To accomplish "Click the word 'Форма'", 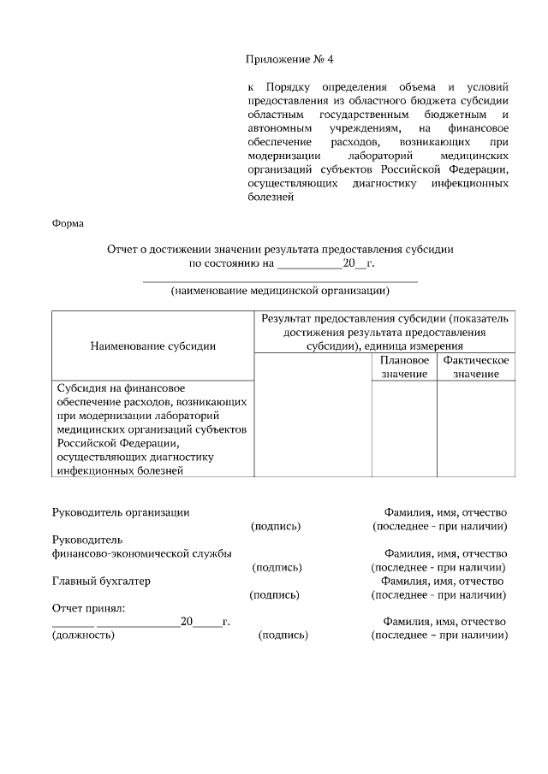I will point(68,224).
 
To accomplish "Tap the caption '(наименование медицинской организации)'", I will point(280,290).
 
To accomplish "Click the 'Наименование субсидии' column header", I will point(152,346).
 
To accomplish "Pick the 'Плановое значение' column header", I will point(404,367).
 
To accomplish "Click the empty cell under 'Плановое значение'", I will point(404,428).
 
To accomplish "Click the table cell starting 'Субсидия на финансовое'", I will point(152,428).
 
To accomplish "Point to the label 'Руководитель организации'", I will point(121,512).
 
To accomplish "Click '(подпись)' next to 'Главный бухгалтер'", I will point(274,594).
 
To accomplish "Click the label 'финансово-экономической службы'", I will point(142,553).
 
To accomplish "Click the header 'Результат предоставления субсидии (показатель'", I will point(384,318).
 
